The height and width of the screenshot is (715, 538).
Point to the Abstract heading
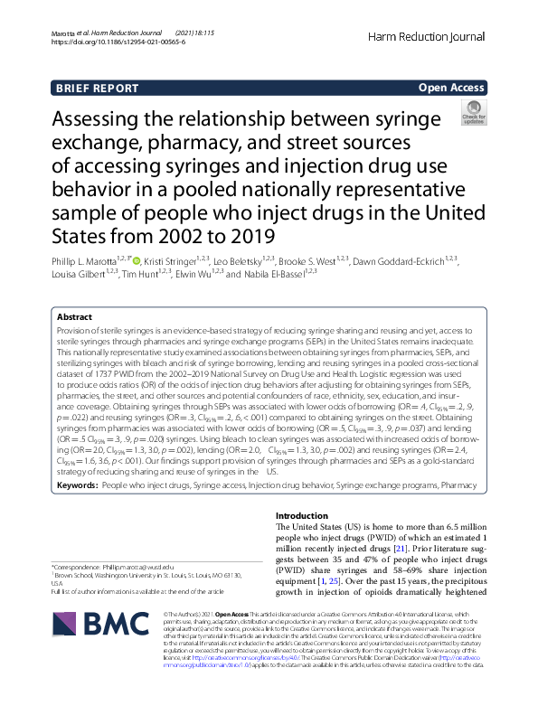[x=74, y=318]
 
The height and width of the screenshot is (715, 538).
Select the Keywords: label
[x=77, y=485]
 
